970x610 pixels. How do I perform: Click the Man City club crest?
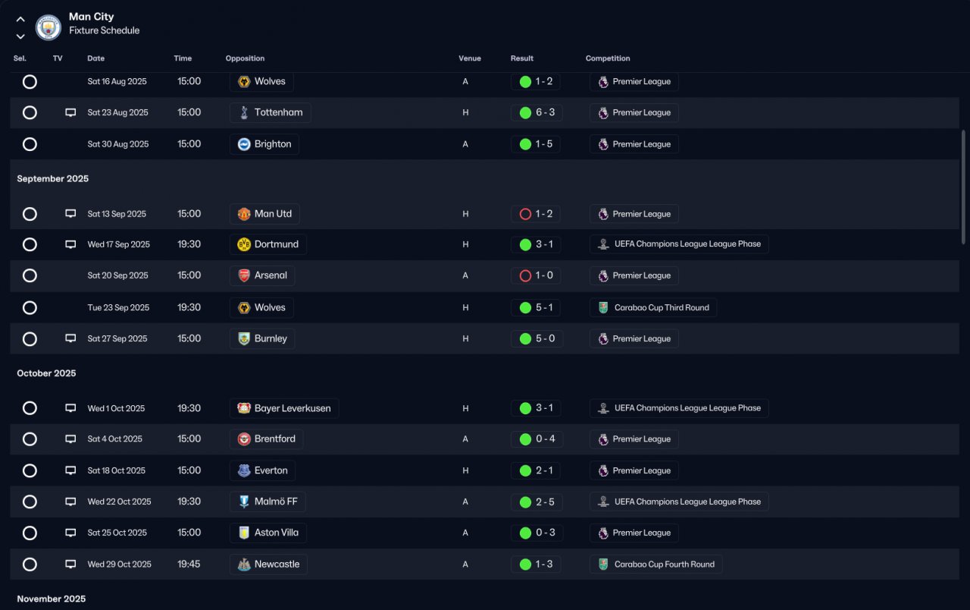click(48, 28)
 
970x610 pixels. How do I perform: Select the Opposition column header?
click(245, 58)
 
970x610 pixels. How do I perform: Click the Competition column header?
click(608, 58)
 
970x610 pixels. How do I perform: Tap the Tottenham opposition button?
click(271, 113)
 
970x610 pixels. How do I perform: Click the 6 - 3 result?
click(537, 113)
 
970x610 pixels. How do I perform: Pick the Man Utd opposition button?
click(264, 214)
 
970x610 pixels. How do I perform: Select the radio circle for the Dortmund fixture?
click(30, 244)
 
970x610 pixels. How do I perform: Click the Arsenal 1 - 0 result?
click(537, 275)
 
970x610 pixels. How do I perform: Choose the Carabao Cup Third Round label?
click(653, 307)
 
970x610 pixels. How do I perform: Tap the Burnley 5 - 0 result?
click(537, 338)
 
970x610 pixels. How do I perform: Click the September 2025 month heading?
click(53, 179)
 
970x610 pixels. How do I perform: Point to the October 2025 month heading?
click(47, 373)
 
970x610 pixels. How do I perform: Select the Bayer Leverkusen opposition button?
click(284, 408)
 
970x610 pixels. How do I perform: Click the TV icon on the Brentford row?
click(70, 439)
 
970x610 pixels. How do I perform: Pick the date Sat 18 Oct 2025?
click(116, 470)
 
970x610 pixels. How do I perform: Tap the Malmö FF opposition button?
click(268, 502)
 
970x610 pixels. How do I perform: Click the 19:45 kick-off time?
click(189, 564)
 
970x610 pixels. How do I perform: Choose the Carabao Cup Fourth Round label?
click(656, 564)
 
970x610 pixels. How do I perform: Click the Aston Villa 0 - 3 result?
click(537, 533)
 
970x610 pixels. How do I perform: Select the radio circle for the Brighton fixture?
click(30, 144)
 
